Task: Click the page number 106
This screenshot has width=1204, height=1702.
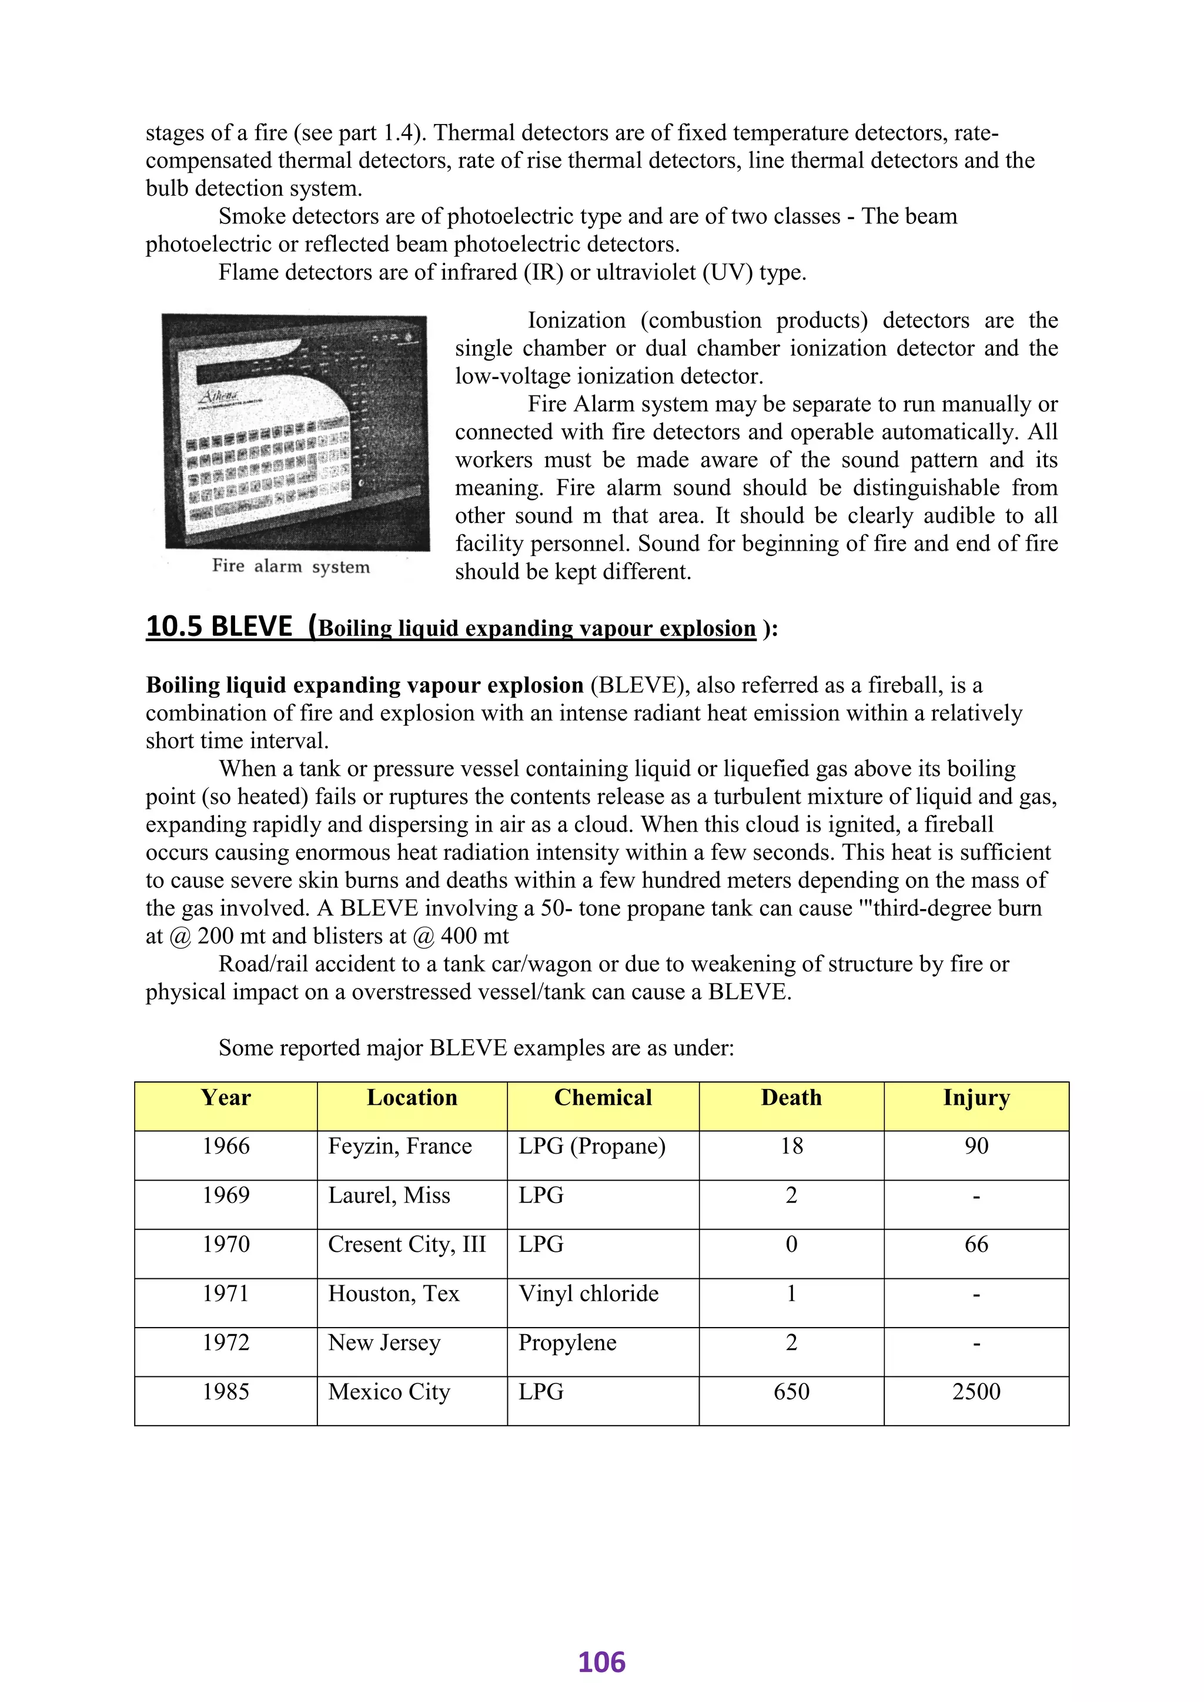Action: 601,1662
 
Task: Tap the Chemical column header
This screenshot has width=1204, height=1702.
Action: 603,1097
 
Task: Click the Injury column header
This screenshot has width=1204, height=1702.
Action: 976,1097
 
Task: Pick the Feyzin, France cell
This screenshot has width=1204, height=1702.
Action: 400,1146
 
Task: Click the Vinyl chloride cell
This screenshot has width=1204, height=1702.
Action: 588,1294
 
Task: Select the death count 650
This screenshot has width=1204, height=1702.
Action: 791,1392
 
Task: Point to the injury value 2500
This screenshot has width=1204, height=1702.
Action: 976,1392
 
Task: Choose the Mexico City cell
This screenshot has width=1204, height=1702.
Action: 389,1392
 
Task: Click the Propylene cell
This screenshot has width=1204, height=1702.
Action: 567,1342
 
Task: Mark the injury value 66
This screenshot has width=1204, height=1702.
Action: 976,1244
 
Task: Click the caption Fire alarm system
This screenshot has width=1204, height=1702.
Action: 290,567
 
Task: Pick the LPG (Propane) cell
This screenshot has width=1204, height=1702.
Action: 591,1146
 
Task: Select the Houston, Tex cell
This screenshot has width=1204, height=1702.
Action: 394,1294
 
